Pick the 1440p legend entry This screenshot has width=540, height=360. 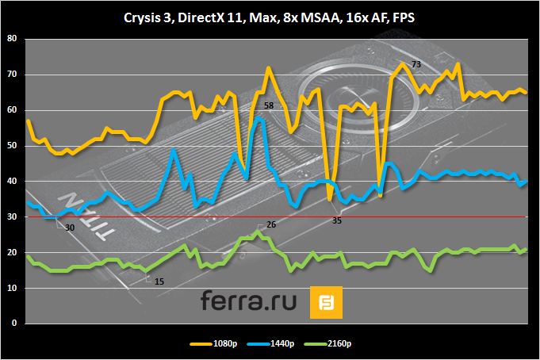[282, 343]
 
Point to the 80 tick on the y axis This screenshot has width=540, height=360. [10, 39]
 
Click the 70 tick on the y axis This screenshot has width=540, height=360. [10, 75]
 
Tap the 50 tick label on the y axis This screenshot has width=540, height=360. [10, 146]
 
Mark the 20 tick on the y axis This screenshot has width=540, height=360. [10, 253]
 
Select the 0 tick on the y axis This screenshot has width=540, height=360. [13, 324]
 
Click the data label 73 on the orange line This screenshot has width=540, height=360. [416, 64]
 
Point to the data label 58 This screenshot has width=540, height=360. [269, 105]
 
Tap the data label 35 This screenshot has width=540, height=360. [337, 220]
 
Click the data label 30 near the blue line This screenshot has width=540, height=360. [70, 228]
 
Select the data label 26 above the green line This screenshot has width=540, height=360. [271, 225]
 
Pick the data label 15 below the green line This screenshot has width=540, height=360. [159, 281]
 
